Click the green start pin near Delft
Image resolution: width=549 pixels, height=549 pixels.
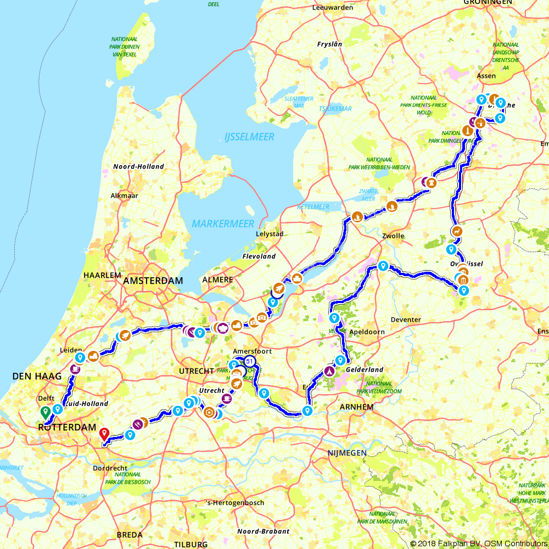44,412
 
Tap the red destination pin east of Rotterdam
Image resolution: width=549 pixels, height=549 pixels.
104,434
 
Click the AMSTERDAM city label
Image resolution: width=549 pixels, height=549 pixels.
153,281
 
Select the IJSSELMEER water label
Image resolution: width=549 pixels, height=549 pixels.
249,137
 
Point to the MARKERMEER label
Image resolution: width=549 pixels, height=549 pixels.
223,223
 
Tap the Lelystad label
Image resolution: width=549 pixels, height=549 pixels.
270,234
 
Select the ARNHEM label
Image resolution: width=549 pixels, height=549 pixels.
357,407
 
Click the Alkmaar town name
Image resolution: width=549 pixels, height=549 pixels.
124,195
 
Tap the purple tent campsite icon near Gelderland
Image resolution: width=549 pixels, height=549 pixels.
329,372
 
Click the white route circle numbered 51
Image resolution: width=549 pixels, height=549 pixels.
250,361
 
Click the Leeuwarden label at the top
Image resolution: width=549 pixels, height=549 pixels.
332,8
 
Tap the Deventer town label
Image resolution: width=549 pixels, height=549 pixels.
406,320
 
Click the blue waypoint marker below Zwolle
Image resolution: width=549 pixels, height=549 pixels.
383,266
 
